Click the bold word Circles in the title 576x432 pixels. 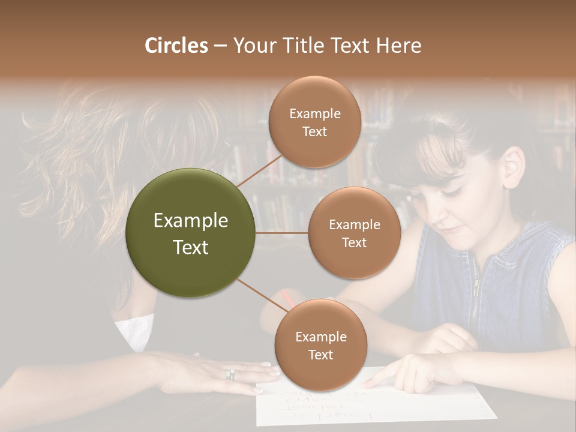point(176,46)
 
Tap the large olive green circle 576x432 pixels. point(191,233)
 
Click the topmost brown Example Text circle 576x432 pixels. point(314,122)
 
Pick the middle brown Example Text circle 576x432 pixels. point(354,233)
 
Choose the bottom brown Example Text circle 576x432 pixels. point(320,345)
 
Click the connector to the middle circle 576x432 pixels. point(282,233)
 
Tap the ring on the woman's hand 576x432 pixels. point(230,375)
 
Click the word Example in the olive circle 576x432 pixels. point(191,221)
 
